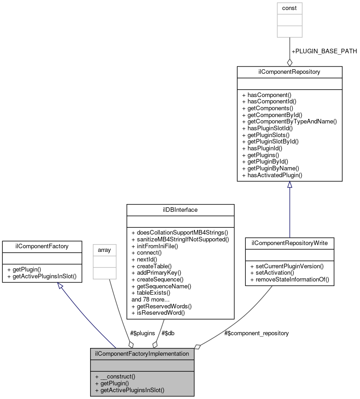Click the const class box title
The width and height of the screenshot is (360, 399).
(x=289, y=8)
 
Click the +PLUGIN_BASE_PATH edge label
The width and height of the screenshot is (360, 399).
(x=324, y=51)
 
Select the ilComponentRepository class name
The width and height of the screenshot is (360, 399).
(x=289, y=72)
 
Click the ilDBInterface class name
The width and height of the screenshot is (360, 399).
(x=180, y=210)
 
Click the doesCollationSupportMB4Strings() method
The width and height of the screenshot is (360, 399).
(x=180, y=233)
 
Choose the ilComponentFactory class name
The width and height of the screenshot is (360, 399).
(x=42, y=246)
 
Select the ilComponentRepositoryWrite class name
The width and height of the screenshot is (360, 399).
(x=289, y=243)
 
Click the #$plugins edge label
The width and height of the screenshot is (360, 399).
(x=142, y=333)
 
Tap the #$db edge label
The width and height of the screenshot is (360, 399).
(x=168, y=333)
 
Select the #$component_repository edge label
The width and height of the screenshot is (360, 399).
(x=256, y=333)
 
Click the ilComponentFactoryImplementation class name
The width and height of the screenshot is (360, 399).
(x=142, y=353)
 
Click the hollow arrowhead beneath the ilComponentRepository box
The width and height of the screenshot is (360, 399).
(x=289, y=185)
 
